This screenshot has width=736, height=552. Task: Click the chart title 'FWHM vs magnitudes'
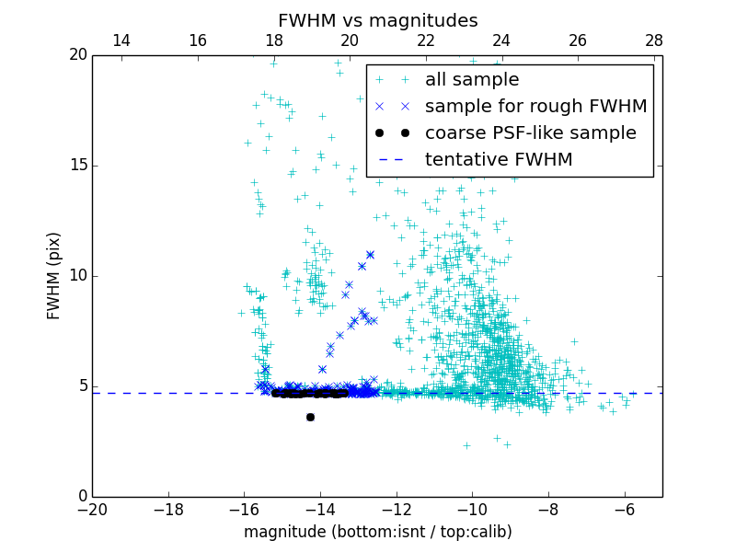click(377, 20)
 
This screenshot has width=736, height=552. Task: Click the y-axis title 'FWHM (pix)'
click(54, 276)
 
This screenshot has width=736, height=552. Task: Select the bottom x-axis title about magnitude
click(377, 532)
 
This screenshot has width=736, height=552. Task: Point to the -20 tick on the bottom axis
click(92, 509)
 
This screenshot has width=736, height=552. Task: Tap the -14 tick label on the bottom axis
click(320, 509)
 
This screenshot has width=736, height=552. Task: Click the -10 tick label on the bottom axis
click(472, 509)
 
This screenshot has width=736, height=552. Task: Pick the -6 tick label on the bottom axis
click(625, 509)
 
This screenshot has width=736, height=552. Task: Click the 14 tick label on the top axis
click(121, 40)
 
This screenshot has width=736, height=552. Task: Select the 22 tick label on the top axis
click(425, 40)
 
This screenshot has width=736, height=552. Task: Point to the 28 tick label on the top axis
click(654, 40)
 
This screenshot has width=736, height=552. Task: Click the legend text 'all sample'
click(471, 80)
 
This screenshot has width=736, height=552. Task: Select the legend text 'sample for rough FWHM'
click(535, 107)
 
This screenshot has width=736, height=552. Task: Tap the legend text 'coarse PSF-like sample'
click(530, 133)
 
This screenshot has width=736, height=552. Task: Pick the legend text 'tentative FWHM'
click(499, 160)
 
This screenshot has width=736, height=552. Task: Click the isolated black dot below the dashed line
click(310, 417)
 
